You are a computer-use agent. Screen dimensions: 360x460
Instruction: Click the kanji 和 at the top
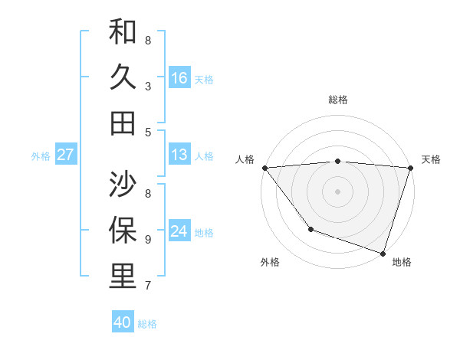pyautogui.click(x=123, y=32)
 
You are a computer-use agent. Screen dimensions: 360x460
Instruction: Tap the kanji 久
pyautogui.click(x=123, y=77)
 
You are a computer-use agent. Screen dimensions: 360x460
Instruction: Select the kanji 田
pyautogui.click(x=123, y=123)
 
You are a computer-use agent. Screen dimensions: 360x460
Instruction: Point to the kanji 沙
pyautogui.click(x=123, y=184)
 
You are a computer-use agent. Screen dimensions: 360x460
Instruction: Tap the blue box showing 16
pyautogui.click(x=179, y=78)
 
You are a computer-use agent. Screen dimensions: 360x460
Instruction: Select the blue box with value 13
pyautogui.click(x=179, y=155)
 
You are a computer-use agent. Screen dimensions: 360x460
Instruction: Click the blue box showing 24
pyautogui.click(x=179, y=232)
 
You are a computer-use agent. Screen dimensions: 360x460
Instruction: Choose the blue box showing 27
pyautogui.click(x=66, y=155)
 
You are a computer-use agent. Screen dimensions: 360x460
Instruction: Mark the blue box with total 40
pyautogui.click(x=123, y=322)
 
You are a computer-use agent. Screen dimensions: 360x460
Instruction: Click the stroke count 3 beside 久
pyautogui.click(x=147, y=87)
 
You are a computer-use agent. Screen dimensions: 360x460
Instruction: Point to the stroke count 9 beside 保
pyautogui.click(x=147, y=239)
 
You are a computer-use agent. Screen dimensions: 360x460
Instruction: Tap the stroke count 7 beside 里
pyautogui.click(x=147, y=286)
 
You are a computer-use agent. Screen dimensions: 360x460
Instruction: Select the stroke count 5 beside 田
pyautogui.click(x=147, y=133)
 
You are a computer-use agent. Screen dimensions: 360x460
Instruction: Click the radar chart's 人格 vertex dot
pyautogui.click(x=264, y=168)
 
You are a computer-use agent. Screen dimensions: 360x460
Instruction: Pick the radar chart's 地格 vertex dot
pyautogui.click(x=383, y=253)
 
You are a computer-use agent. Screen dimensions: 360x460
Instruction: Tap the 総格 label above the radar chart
pyautogui.click(x=337, y=100)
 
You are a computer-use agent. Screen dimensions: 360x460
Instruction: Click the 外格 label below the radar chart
pyautogui.click(x=270, y=263)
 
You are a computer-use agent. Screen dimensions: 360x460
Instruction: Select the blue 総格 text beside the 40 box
pyautogui.click(x=147, y=324)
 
